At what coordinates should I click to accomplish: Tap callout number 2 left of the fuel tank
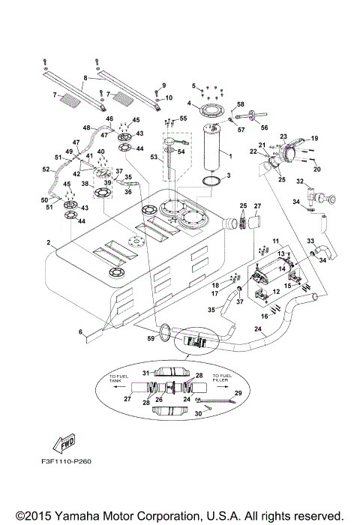[x=47, y=243]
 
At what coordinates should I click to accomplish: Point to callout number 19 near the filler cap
[x=315, y=139]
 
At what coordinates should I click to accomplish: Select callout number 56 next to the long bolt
[x=263, y=128]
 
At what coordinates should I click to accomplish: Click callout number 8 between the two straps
[x=85, y=78]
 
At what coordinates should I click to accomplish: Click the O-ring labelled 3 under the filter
[x=212, y=181]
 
